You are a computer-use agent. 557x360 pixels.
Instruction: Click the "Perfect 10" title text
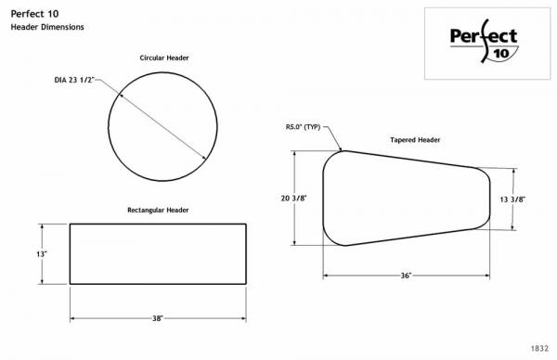point(34,14)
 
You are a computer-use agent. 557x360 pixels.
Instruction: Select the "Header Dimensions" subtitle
point(47,27)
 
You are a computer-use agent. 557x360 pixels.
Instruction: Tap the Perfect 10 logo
point(484,42)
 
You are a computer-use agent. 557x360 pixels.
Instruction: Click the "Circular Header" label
point(164,58)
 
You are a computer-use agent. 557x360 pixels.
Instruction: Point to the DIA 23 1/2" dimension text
point(75,80)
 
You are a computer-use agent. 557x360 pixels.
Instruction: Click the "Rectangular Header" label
point(158,211)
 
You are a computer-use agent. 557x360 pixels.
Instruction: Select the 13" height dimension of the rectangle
point(42,254)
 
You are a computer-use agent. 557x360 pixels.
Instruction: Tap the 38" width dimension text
point(158,318)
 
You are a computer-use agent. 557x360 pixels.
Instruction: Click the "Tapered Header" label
point(415,140)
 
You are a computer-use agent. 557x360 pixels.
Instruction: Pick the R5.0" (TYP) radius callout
point(303,127)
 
